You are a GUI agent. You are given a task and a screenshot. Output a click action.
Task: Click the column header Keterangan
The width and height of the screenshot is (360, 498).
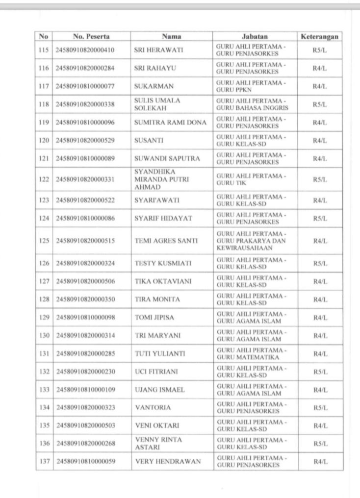pyautogui.click(x=320, y=36)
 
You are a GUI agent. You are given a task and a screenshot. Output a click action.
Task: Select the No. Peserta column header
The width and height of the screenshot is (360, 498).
pyautogui.click(x=91, y=36)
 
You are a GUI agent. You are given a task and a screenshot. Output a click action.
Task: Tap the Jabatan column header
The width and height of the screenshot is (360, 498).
pyautogui.click(x=255, y=36)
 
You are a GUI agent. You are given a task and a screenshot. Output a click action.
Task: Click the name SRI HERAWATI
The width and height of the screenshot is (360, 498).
pyautogui.click(x=154, y=50)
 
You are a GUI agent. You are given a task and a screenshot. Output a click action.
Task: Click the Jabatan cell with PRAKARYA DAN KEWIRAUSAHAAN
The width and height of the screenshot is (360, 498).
pyautogui.click(x=251, y=241)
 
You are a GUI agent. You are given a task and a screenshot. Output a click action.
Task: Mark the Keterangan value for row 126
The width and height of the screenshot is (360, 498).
pyautogui.click(x=320, y=263)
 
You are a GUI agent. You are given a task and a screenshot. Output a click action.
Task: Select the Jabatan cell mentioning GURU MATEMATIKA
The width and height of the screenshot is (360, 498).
pyautogui.click(x=250, y=353)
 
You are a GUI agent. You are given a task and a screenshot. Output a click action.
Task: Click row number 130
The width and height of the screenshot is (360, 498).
pyautogui.click(x=44, y=335)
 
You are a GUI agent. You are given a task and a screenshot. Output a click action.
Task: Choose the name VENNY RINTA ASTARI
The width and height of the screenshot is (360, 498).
pyautogui.click(x=154, y=444)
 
